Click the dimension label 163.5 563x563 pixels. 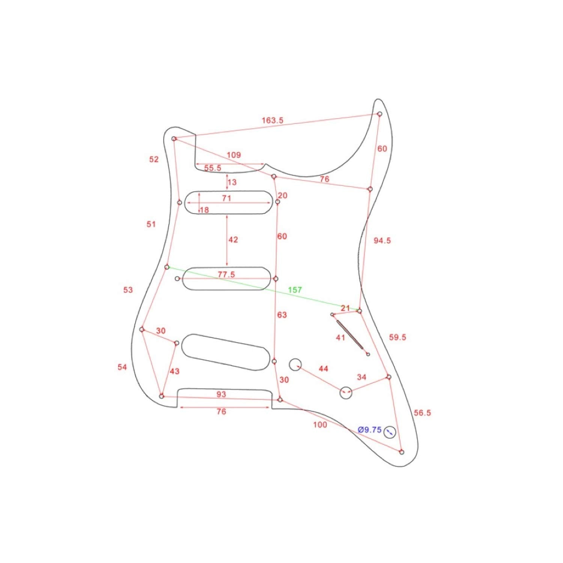coord(272,120)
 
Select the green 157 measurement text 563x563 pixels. coord(295,290)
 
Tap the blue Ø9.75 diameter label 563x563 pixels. coord(370,430)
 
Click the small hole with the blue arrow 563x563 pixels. coord(390,432)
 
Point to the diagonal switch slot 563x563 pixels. coord(350,335)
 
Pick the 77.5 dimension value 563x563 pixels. coord(226,274)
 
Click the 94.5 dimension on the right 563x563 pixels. coord(382,241)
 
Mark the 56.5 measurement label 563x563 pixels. coord(422,413)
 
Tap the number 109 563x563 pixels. coord(233,155)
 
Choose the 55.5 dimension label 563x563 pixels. coord(213,168)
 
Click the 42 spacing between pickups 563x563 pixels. coord(233,239)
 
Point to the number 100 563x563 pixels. coord(320,425)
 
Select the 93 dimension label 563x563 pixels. coord(221,394)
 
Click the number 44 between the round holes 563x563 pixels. coord(323,369)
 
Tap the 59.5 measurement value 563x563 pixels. coord(397,337)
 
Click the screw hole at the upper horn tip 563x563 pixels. coord(379,114)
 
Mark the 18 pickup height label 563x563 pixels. coord(205,210)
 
